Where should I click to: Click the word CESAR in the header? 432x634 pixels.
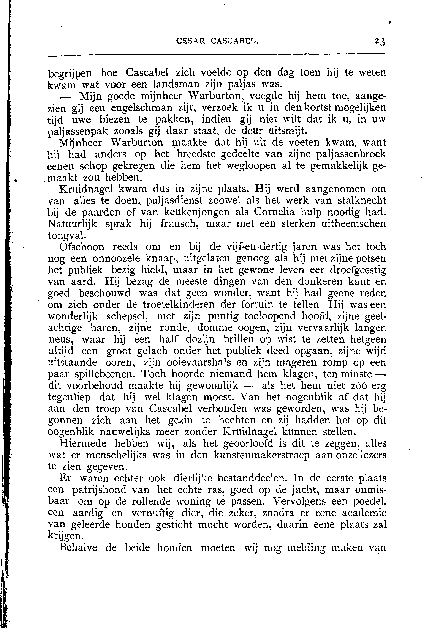tap(191, 41)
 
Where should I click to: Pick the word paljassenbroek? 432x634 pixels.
tap(351, 155)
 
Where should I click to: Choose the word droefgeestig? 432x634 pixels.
tap(358, 270)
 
